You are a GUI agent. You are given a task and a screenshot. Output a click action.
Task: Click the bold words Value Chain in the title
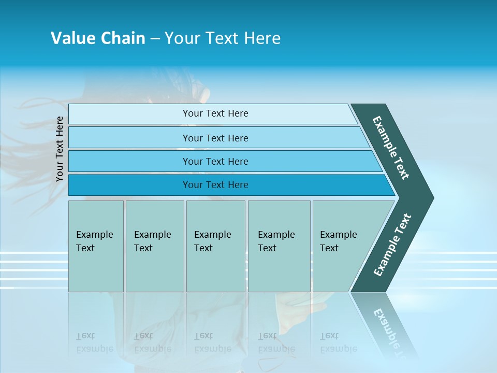click(x=98, y=38)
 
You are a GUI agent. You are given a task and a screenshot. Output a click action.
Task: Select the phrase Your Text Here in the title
click(x=223, y=38)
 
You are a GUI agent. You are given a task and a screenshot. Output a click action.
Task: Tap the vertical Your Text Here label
click(x=60, y=149)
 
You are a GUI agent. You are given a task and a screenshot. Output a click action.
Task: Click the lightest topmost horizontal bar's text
click(x=215, y=113)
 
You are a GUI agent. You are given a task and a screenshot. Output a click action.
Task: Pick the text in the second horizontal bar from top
click(x=215, y=138)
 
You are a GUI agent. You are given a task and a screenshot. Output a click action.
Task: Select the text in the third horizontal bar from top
click(x=215, y=162)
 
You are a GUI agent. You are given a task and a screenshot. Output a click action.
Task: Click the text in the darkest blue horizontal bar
click(x=215, y=185)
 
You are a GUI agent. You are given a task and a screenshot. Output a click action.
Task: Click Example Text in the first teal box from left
click(x=94, y=241)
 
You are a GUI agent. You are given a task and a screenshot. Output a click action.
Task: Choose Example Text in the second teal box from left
click(x=152, y=241)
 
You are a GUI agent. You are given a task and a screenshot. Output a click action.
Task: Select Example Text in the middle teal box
click(x=212, y=241)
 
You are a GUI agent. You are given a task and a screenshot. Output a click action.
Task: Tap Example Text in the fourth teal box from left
click(x=276, y=241)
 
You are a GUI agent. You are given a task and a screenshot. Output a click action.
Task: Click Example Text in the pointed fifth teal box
click(x=338, y=241)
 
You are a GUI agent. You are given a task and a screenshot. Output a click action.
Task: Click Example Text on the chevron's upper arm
click(x=391, y=148)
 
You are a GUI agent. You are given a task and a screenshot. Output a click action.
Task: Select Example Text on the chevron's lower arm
click(x=392, y=245)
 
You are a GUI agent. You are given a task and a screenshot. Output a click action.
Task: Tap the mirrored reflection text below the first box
click(x=94, y=342)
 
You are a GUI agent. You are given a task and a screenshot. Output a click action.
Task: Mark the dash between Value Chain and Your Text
click(x=155, y=39)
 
